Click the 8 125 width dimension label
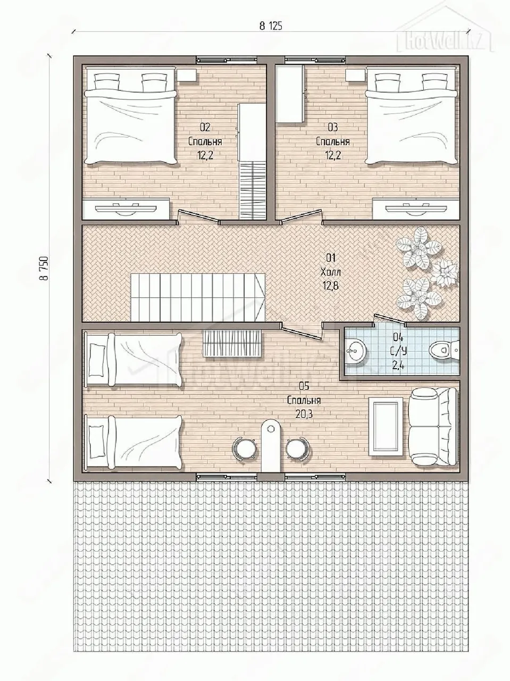click(x=271, y=27)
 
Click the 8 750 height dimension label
click(x=46, y=268)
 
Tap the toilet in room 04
click(x=444, y=350)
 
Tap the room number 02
click(x=205, y=127)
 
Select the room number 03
click(x=333, y=127)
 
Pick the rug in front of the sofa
click(x=386, y=427)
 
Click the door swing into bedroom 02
click(x=198, y=216)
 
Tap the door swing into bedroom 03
click(x=300, y=216)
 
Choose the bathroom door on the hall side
click(x=389, y=320)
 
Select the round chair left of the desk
click(x=245, y=447)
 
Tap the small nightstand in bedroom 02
click(x=187, y=76)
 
